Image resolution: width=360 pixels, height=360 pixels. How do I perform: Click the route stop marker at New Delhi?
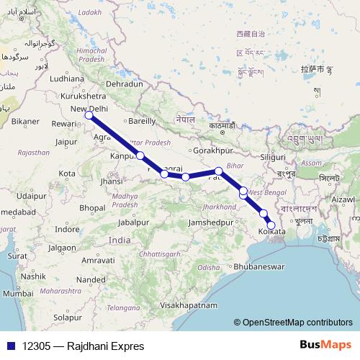[89, 114]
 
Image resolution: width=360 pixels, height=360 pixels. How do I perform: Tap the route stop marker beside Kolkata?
[271, 225]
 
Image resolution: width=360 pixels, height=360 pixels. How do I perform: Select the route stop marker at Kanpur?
[140, 156]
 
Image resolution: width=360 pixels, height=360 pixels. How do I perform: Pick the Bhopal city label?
[93, 207]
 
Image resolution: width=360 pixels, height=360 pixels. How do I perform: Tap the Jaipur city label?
[65, 142]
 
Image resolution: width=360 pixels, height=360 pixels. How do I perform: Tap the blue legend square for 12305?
[7, 346]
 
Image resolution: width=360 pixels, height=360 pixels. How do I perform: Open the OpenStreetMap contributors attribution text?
[294, 323]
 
